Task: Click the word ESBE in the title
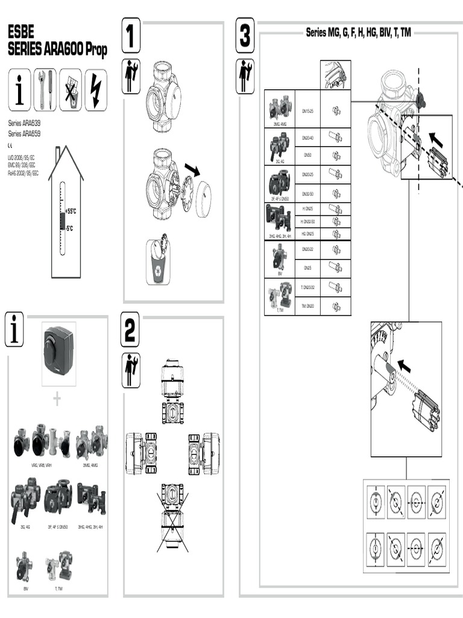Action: pos(20,31)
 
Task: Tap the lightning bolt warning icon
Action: pos(96,90)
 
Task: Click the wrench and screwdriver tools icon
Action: pos(45,90)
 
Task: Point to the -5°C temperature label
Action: pos(69,228)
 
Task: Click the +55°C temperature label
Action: pos(71,211)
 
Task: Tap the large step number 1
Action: pos(131,36)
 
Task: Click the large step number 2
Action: pos(130,330)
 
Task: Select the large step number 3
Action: pos(245,36)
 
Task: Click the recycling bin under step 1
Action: pos(158,263)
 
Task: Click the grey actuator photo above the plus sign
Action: pos(58,353)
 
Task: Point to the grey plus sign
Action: pos(57,400)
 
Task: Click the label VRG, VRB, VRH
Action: pos(42,465)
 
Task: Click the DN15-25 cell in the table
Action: pos(307,111)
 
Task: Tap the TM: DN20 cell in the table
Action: pos(307,306)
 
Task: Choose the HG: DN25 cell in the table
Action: pos(307,233)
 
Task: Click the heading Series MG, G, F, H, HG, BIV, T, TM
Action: pos(358,32)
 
